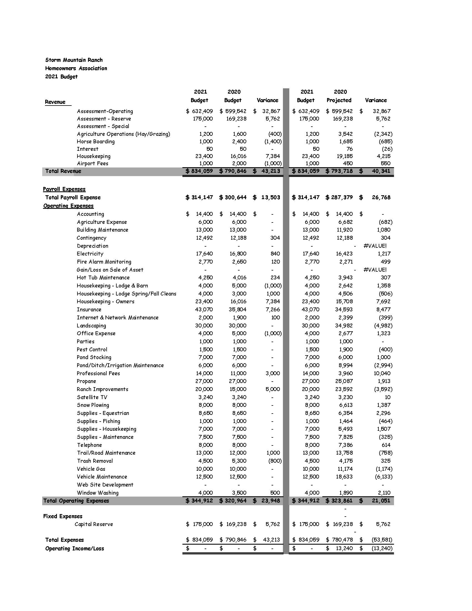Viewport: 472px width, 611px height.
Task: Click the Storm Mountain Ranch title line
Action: tap(74, 60)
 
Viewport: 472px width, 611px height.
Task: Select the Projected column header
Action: tap(339, 100)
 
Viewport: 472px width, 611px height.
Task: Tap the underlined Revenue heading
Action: tap(55, 102)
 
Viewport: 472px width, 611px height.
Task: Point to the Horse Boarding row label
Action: tap(96, 142)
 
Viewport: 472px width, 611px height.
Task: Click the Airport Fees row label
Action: tap(92, 163)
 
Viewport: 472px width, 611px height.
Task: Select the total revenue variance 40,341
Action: tap(381, 171)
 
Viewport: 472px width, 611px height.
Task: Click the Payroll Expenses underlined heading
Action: tap(64, 189)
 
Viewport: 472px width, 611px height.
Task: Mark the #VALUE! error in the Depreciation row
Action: tap(375, 246)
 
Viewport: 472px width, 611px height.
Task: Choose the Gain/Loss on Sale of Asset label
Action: tap(110, 270)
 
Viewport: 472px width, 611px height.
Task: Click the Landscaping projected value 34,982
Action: tap(344, 326)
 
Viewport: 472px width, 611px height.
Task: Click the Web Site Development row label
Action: tap(105, 485)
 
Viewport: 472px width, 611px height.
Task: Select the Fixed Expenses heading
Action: tap(63, 517)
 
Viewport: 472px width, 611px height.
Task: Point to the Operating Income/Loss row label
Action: tap(75, 549)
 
